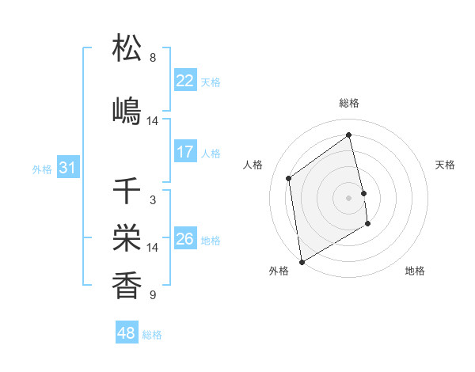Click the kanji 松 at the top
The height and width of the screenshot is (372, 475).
coord(127,48)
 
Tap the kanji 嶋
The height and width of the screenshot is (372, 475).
coord(127,111)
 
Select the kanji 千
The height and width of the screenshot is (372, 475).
coord(127,191)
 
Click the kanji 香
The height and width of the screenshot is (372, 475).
coord(127,285)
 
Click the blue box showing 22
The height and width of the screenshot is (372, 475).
coord(185,81)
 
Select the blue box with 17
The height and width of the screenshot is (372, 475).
coord(185,152)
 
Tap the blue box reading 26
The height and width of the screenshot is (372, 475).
coord(185,239)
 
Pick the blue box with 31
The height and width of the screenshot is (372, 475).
coord(67,168)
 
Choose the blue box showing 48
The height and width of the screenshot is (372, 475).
coord(127,333)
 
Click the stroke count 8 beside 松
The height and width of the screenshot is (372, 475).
coord(153,58)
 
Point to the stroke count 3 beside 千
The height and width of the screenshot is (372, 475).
coord(153,200)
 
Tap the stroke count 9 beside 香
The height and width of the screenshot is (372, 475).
coord(153,295)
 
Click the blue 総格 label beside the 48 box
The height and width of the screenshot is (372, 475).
coord(152,335)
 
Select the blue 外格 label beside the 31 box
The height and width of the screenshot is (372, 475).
coord(42,169)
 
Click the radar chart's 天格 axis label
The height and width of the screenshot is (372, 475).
coord(445,165)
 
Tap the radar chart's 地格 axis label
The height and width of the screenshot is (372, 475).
coord(415,271)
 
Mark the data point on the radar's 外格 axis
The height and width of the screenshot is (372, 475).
coord(302,261)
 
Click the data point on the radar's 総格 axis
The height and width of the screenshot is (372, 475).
coord(348,134)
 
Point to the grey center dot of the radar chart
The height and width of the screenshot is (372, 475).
coord(348,198)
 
